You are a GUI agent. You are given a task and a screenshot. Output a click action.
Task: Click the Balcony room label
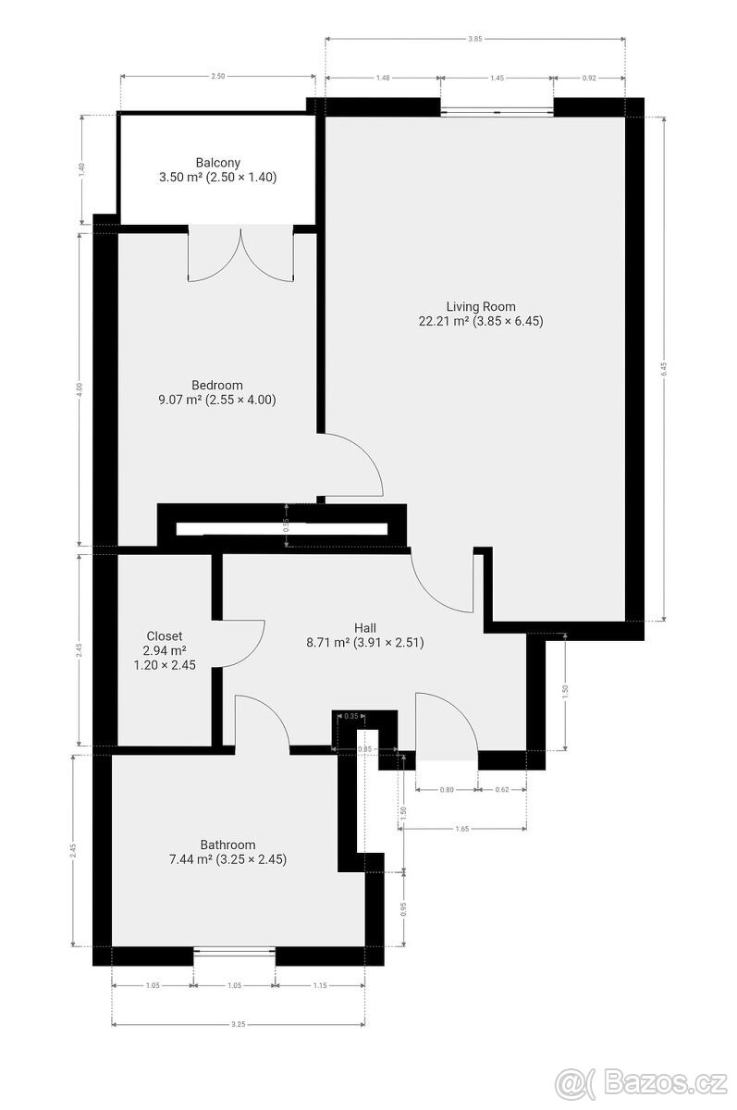[217, 163]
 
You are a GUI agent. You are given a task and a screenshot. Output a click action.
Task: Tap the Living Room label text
[480, 307]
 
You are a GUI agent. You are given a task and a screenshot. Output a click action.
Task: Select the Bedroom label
[217, 386]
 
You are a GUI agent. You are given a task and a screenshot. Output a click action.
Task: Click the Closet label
[165, 636]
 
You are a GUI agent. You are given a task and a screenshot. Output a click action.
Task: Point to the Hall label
[364, 627]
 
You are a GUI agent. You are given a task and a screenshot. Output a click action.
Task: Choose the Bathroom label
[227, 845]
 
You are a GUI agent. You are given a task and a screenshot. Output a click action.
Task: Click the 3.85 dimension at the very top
[474, 39]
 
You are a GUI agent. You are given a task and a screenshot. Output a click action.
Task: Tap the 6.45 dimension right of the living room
[663, 368]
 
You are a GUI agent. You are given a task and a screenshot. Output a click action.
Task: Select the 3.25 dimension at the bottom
[238, 1024]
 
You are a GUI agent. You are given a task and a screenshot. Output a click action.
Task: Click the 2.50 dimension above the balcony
[217, 77]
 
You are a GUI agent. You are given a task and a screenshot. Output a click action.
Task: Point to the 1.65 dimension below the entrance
[464, 830]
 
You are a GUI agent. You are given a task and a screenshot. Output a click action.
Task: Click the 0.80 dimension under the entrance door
[447, 790]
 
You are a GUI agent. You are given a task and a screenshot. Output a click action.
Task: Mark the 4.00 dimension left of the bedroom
[80, 388]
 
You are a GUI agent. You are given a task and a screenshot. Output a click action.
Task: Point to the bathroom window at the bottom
[235, 950]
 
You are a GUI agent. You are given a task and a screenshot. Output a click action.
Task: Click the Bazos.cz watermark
[639, 1080]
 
